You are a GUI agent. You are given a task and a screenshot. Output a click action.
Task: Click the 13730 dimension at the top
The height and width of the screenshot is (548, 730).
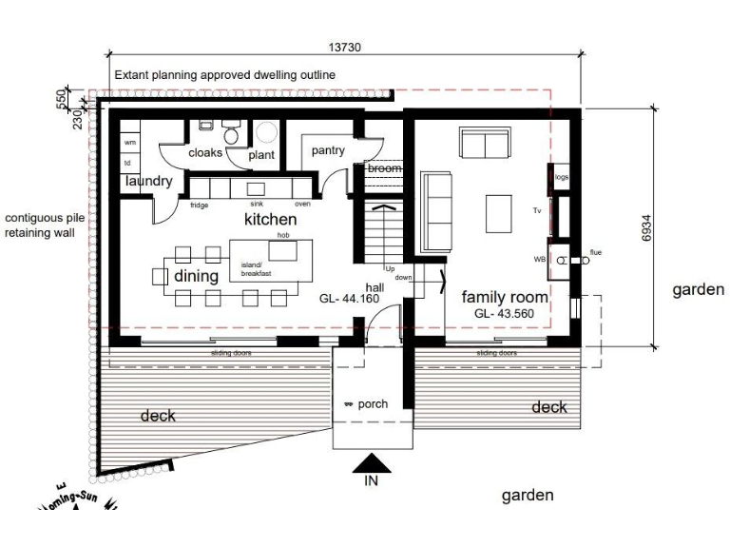coord(344,48)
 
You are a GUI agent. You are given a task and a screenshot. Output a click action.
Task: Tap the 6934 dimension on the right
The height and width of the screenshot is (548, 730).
coord(646,228)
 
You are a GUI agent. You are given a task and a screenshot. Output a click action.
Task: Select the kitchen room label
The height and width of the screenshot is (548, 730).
coord(271,219)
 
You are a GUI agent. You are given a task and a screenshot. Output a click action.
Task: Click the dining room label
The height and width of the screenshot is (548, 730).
coord(196,276)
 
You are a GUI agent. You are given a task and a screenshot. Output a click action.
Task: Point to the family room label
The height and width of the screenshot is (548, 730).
coord(506,297)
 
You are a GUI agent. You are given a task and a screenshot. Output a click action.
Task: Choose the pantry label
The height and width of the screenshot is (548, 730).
coord(328,150)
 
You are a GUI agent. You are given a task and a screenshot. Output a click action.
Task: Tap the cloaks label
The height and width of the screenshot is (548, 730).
coord(205,152)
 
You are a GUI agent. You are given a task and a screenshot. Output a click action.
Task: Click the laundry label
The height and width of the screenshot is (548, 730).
coord(147,181)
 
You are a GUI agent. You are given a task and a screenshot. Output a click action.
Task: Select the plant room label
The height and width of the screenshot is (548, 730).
coord(261,155)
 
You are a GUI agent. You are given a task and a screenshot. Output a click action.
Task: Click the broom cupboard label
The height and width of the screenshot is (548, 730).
coord(384,168)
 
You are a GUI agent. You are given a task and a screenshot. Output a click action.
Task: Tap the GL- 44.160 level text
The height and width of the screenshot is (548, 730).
coord(350,299)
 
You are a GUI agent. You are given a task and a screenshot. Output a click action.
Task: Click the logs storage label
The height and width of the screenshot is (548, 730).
coord(561,177)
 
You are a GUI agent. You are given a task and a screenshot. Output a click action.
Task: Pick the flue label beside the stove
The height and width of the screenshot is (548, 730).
coord(596,252)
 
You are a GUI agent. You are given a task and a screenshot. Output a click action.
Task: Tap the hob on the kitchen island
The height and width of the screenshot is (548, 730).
coord(283,250)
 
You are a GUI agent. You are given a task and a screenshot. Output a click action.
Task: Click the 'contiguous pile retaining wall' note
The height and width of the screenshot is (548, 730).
coord(40,224)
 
